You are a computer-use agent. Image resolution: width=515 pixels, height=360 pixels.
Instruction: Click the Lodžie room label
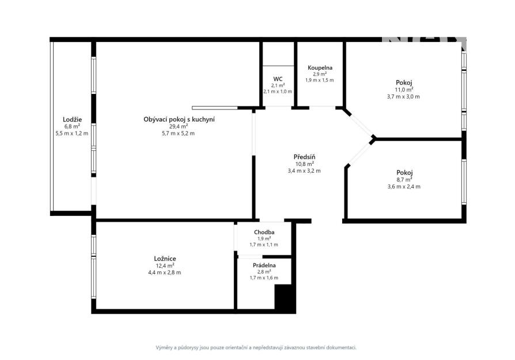click(x=72, y=120)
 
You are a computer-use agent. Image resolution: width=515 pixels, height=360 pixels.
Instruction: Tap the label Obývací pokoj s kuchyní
click(x=179, y=120)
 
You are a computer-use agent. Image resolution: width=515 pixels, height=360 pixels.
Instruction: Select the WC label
click(x=278, y=79)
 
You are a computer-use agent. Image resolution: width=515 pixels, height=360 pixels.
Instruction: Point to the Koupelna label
click(x=320, y=68)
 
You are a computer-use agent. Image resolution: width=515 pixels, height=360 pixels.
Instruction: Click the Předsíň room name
click(x=305, y=157)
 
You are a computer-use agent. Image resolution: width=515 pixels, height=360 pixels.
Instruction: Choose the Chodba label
click(x=264, y=232)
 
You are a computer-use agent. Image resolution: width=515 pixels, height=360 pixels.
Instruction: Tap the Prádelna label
click(x=264, y=266)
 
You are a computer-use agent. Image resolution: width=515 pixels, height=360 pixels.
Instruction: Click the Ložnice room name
click(x=165, y=259)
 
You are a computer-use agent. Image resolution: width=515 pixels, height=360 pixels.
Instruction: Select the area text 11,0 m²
click(x=404, y=90)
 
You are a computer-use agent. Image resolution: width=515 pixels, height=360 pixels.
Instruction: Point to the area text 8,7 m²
click(x=404, y=180)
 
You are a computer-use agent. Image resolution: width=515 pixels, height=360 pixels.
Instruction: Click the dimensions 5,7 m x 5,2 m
click(x=179, y=134)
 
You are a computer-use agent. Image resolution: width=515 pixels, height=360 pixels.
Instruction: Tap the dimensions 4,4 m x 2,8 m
click(x=165, y=272)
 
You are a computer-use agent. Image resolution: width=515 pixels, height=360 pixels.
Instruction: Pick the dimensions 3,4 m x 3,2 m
click(x=304, y=171)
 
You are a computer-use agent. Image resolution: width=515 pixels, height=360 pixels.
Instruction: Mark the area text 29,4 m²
click(x=179, y=127)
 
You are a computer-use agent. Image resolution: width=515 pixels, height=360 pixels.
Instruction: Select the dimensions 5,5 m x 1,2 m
click(x=72, y=134)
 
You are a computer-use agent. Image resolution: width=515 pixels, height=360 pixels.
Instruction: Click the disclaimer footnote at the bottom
click(x=256, y=347)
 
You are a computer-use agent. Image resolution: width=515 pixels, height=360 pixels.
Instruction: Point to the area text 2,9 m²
click(x=319, y=74)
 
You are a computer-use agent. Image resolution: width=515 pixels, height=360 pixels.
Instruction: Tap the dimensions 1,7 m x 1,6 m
click(x=264, y=278)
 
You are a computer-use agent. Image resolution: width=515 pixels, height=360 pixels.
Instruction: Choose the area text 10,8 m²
click(x=305, y=164)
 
